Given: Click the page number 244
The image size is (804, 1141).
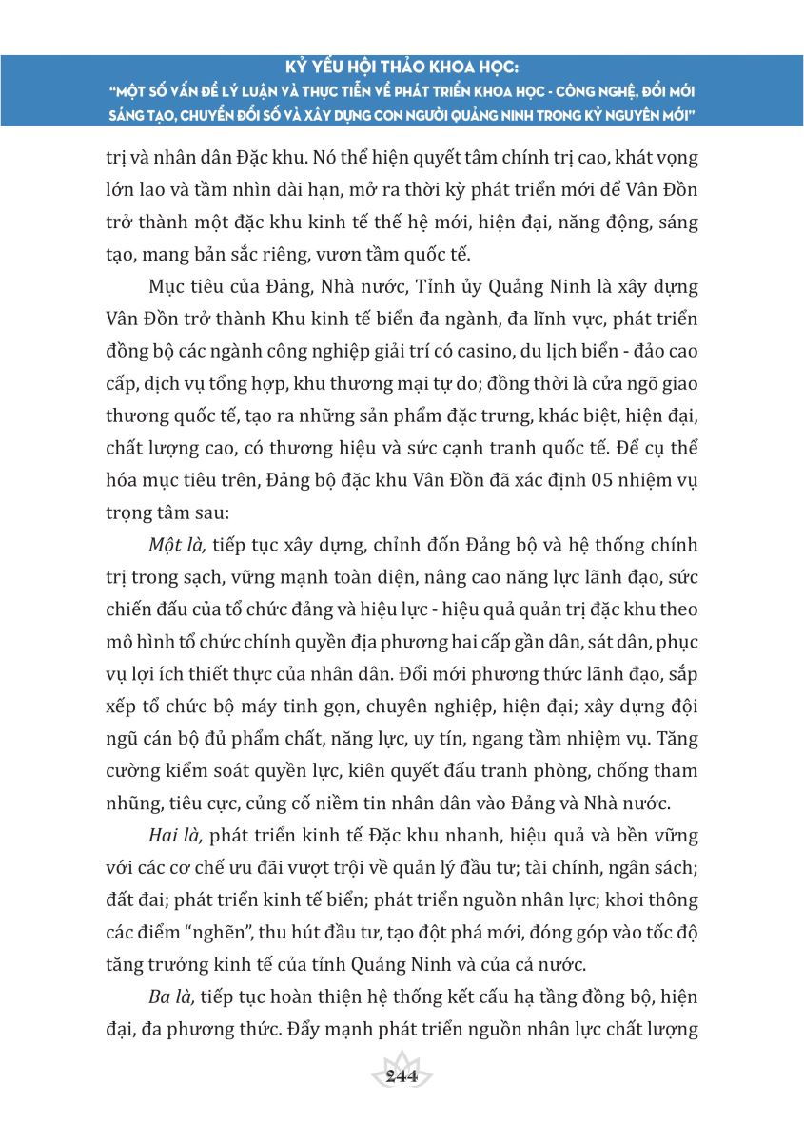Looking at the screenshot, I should point(402,1076).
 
